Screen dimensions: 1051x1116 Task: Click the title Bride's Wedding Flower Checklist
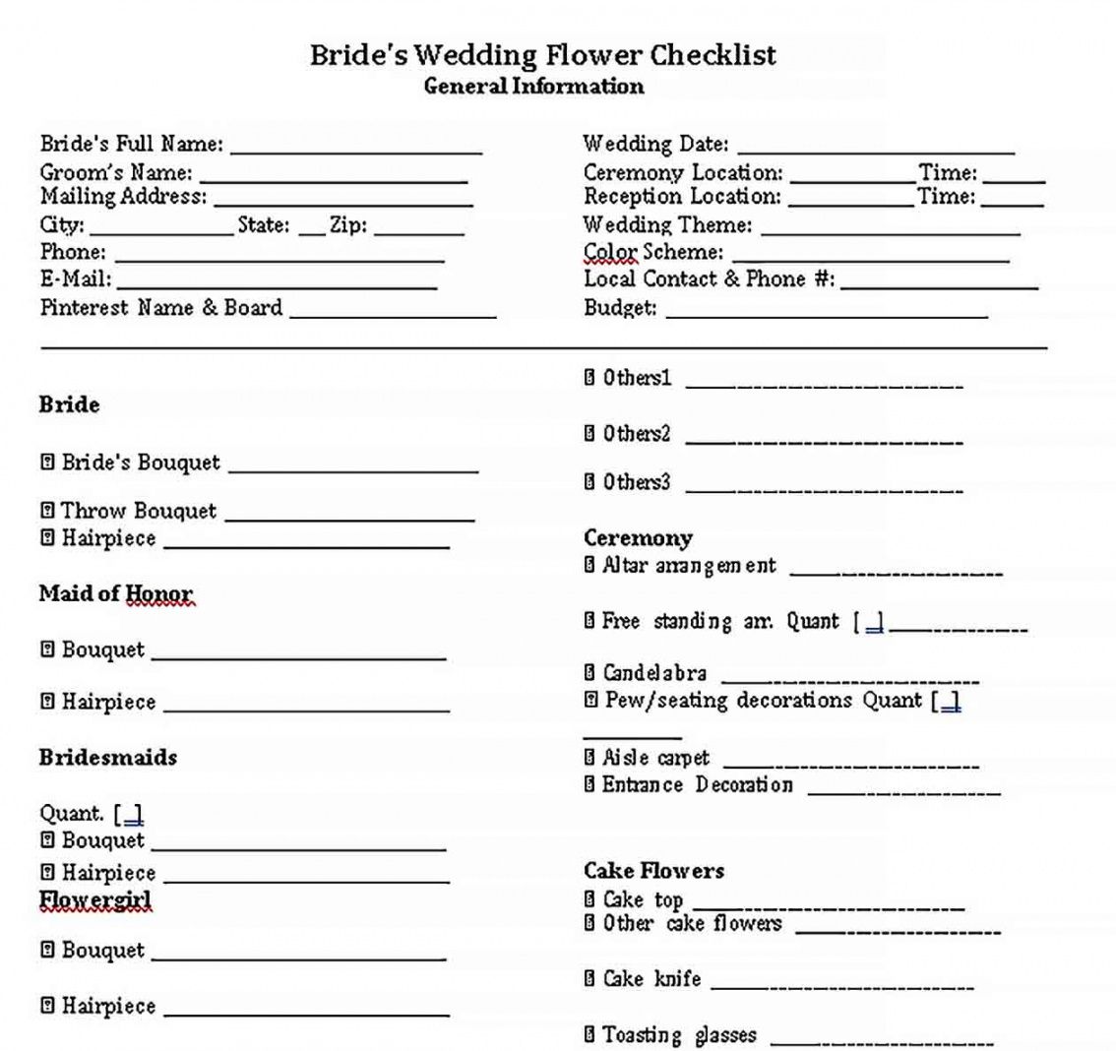pyautogui.click(x=543, y=54)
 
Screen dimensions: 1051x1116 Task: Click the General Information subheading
pyautogui.click(x=533, y=87)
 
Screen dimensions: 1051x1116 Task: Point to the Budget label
pyautogui.click(x=620, y=308)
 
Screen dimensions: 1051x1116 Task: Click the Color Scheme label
pyautogui.click(x=652, y=252)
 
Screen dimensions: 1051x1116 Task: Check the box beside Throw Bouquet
pyautogui.click(x=47, y=511)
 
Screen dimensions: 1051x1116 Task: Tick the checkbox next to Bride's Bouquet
pyautogui.click(x=47, y=463)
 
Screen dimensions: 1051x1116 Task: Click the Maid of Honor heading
pyautogui.click(x=116, y=593)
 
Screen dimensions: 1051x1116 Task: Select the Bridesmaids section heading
pyautogui.click(x=108, y=758)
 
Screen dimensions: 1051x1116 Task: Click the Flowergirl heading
pyautogui.click(x=95, y=899)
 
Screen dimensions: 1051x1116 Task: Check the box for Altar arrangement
pyautogui.click(x=589, y=566)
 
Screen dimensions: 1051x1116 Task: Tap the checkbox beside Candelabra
pyautogui.click(x=589, y=673)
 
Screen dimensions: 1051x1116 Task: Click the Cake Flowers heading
pyautogui.click(x=653, y=871)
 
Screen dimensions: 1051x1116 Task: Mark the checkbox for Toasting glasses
pyautogui.click(x=589, y=1034)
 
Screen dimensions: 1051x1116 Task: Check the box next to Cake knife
pyautogui.click(x=589, y=979)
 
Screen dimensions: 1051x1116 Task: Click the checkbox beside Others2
pyautogui.click(x=589, y=433)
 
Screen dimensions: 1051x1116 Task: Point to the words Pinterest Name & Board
pyautogui.click(x=161, y=308)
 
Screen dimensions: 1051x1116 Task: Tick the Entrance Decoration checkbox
pyautogui.click(x=589, y=785)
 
